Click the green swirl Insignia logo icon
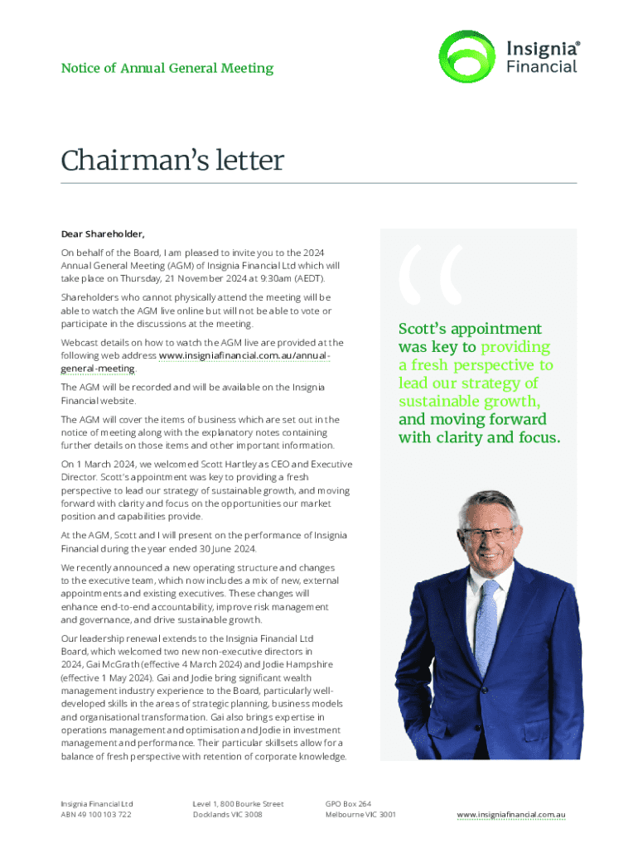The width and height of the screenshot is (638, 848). coord(466,57)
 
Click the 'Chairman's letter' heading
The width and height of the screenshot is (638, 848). coord(172,161)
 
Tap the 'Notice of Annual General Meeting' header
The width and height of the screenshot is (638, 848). coord(167,68)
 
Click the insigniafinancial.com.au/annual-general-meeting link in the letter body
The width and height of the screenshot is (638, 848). coord(245,355)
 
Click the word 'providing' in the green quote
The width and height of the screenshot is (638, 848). coord(515,347)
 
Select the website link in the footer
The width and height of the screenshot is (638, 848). coord(510,815)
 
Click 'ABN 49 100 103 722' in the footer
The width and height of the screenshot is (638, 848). coord(96,815)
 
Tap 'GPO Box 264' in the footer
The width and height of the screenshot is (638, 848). coord(348,803)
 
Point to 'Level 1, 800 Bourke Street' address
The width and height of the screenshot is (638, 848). coord(238,803)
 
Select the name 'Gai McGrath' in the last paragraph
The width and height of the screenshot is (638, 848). coord(110,663)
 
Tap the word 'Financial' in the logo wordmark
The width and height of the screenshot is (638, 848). coord(542,67)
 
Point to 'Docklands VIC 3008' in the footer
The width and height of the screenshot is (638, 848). coord(227,815)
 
